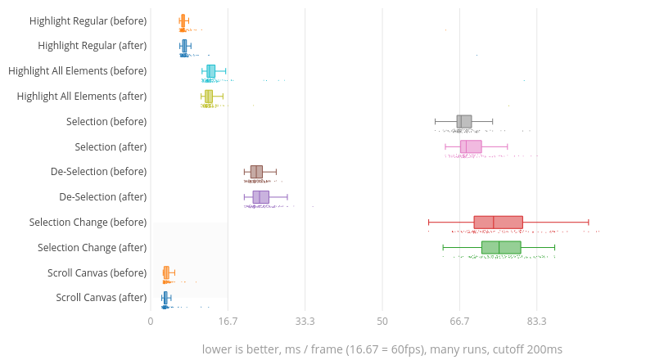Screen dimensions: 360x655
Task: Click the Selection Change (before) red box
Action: [498, 222]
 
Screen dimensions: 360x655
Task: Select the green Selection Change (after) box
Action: [501, 247]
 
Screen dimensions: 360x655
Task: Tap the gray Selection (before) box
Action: [464, 121]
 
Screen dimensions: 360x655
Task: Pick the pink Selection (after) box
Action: [471, 146]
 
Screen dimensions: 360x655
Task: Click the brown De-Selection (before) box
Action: [256, 172]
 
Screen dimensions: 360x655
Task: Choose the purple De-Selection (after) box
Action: [260, 197]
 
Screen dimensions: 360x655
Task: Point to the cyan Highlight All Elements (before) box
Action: [210, 70]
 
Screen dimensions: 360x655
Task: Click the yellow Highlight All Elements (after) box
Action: [209, 96]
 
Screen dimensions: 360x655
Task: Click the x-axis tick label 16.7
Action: [228, 321]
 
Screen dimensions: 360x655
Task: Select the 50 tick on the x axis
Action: [382, 321]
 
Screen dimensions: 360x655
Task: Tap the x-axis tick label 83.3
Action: [537, 321]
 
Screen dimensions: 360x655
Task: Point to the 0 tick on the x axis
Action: [151, 321]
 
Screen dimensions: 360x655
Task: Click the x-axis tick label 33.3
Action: [305, 321]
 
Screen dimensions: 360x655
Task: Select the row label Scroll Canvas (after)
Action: [102, 298]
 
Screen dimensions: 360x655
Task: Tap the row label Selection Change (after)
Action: [93, 247]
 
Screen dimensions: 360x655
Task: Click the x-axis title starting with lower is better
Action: [382, 349]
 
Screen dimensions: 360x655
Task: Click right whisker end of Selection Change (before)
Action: [588, 222]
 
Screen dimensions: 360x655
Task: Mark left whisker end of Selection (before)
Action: [435, 121]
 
